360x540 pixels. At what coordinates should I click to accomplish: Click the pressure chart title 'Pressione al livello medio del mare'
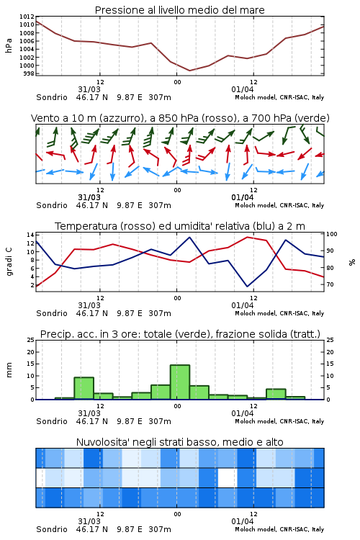click(179, 10)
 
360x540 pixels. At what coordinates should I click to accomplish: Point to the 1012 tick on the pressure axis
click(27, 17)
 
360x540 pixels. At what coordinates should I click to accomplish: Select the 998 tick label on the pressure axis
click(29, 73)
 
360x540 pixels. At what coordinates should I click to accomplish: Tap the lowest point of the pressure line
click(189, 71)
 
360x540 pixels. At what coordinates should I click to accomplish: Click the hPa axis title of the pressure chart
click(9, 45)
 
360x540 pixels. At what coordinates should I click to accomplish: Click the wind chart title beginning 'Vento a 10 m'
click(180, 118)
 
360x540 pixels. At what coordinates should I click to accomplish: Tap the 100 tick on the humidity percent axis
click(332, 234)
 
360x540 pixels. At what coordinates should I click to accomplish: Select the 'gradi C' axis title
click(9, 262)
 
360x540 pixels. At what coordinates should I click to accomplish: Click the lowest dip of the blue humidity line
click(247, 286)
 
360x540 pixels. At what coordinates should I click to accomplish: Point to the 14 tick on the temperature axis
click(30, 235)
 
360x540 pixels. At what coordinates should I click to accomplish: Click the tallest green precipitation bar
click(180, 382)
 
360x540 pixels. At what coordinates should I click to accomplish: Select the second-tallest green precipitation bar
click(84, 389)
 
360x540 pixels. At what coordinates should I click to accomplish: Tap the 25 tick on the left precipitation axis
click(30, 340)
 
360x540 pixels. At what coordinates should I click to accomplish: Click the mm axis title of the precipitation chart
click(9, 370)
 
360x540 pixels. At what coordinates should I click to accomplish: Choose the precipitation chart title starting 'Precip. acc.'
click(180, 334)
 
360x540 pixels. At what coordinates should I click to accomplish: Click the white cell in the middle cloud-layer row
click(228, 477)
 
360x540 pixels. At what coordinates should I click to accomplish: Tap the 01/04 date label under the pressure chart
click(242, 89)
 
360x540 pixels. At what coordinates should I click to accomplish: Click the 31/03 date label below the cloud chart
click(89, 521)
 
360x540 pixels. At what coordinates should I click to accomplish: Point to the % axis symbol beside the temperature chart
click(352, 262)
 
